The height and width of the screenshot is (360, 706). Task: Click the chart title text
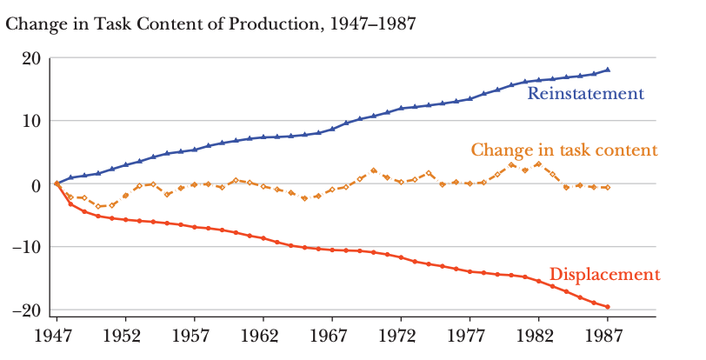pos(210,23)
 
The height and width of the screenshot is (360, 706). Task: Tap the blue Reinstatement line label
pos(585,93)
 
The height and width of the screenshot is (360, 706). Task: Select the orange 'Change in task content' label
pos(564,150)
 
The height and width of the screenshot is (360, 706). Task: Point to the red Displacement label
pos(604,275)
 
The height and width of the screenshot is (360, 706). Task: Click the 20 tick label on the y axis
pos(31,59)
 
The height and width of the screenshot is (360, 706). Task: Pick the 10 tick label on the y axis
pos(32,121)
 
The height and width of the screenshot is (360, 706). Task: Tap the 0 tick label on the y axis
pos(36,184)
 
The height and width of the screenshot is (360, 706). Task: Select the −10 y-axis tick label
pos(26,247)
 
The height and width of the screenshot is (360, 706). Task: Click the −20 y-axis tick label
pos(26,310)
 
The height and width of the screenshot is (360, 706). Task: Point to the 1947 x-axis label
pos(57,337)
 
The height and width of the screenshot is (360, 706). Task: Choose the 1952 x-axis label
pos(125,337)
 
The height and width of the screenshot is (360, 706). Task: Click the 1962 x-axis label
pos(263,337)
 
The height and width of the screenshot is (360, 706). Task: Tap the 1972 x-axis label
pos(401,337)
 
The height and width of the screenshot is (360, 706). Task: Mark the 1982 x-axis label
pos(538,337)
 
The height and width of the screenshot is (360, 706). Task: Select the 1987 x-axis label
pos(607,337)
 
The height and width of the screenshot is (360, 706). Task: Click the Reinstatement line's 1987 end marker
pos(608,70)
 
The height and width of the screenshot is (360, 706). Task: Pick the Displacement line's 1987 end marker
pos(608,307)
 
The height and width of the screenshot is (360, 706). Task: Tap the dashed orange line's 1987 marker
pos(608,188)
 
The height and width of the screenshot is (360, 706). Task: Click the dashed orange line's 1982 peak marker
pos(538,164)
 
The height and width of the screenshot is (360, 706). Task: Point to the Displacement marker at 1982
pos(538,281)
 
